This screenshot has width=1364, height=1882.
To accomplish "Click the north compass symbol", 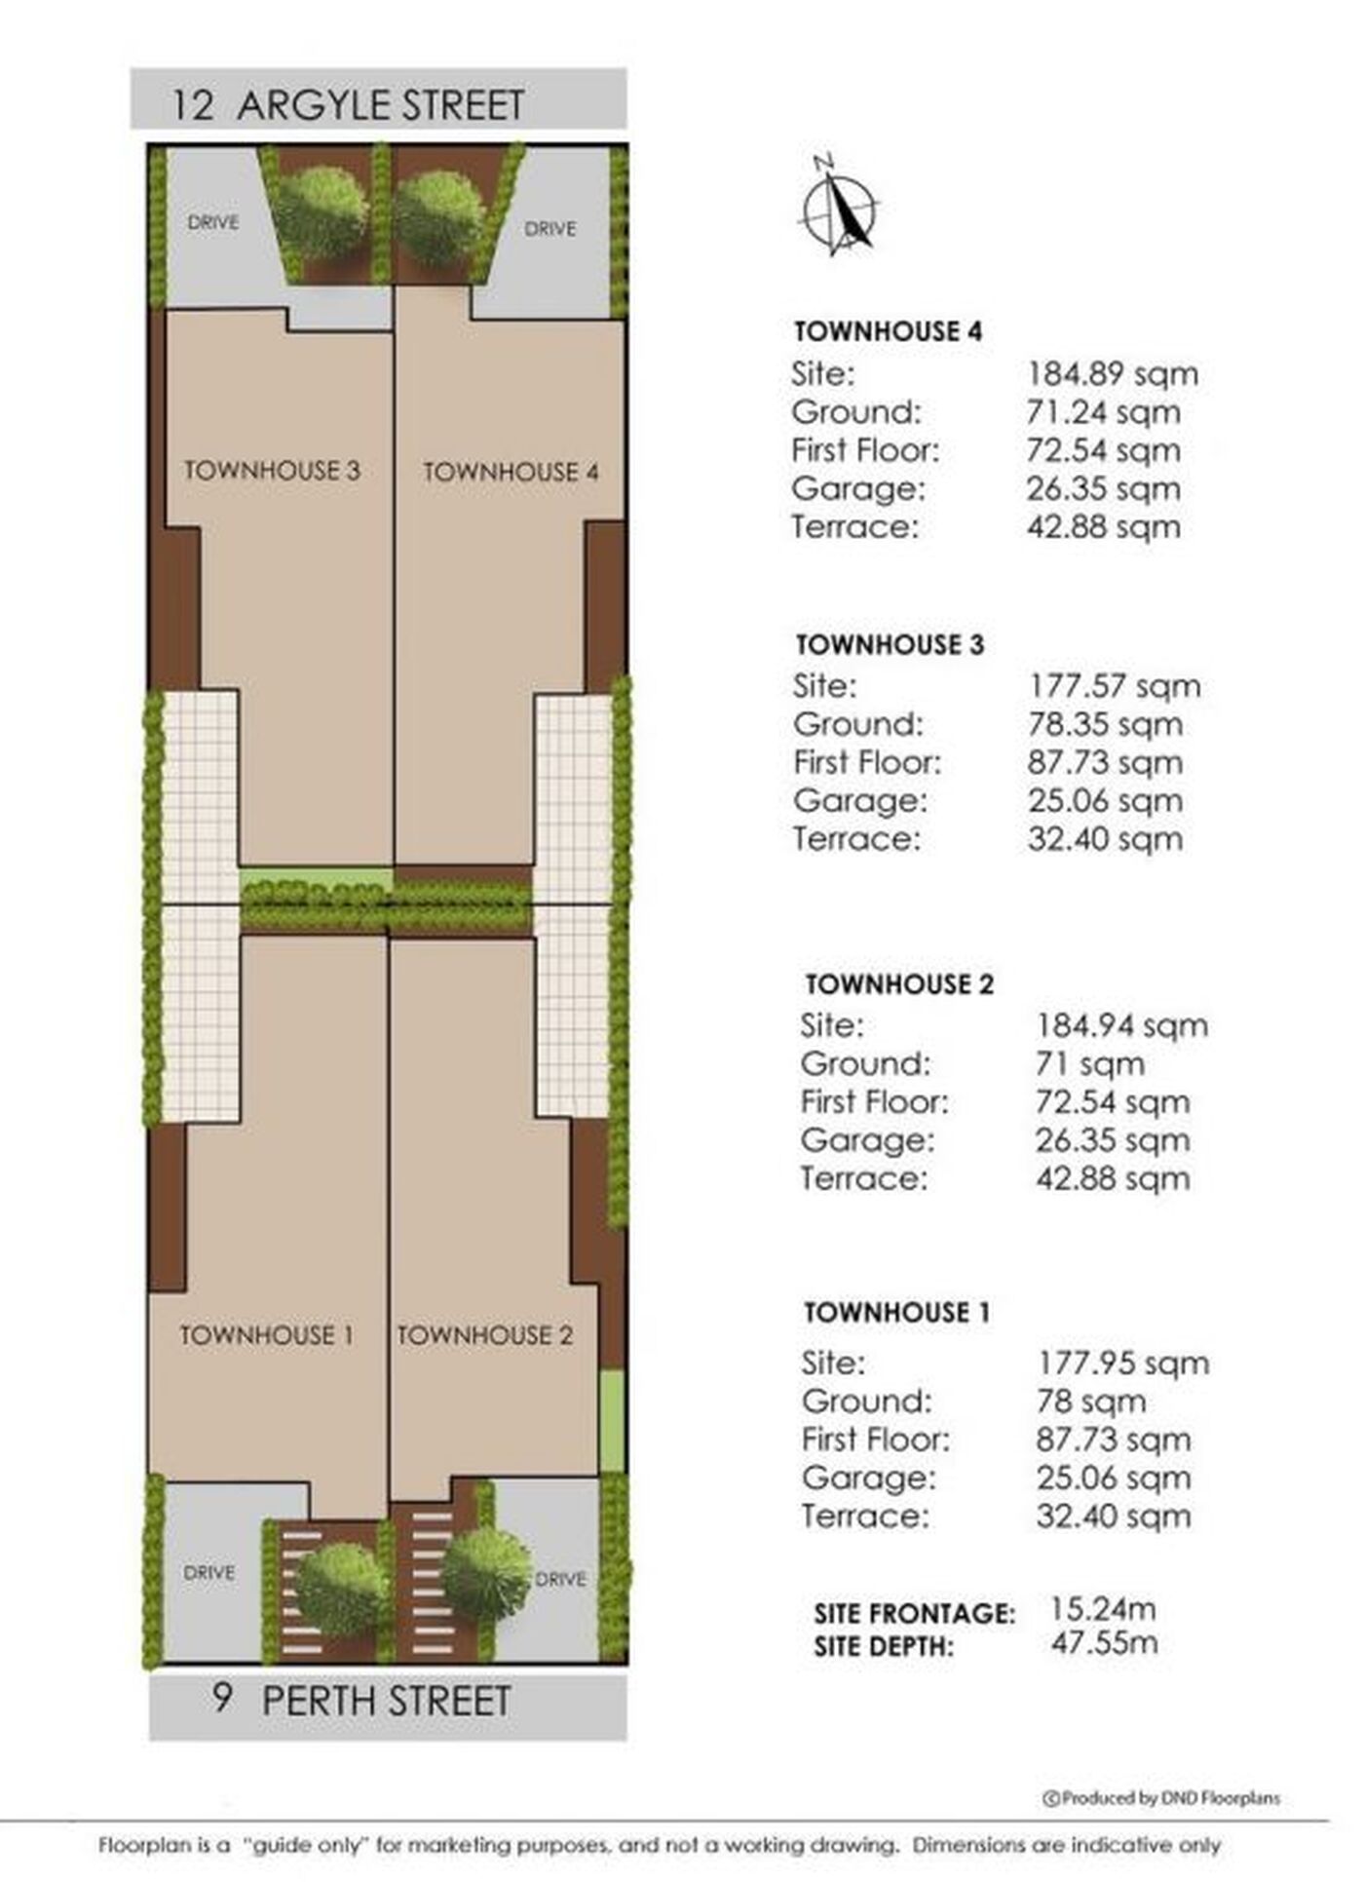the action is click(838, 207).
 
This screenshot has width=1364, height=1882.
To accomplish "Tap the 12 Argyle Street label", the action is click(348, 105).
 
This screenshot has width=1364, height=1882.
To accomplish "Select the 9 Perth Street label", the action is click(361, 1702).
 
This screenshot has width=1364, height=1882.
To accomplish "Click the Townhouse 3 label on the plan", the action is click(272, 471).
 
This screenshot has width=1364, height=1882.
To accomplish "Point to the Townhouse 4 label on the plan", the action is click(511, 473).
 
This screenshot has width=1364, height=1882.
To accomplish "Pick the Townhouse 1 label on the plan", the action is click(266, 1335).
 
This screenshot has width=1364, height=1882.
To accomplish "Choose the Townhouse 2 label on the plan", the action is click(484, 1335).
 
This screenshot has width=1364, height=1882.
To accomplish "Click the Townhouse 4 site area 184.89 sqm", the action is click(1112, 374).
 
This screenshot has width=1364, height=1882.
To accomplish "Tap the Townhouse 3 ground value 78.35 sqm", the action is click(1105, 725).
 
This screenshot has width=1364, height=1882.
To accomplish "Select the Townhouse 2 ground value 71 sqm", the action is click(1089, 1064).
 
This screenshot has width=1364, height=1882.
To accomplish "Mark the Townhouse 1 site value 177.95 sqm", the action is click(1122, 1363).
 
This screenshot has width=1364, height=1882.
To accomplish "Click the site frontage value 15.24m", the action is click(1103, 1610).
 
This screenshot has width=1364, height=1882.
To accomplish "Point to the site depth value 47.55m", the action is click(1104, 1643).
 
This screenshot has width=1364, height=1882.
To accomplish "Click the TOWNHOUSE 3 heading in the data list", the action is click(890, 645).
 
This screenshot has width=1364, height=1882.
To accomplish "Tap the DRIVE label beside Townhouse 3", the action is click(213, 222).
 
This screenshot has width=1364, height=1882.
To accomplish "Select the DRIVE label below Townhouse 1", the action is click(209, 1573).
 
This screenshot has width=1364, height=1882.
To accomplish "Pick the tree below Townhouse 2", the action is click(486, 1575).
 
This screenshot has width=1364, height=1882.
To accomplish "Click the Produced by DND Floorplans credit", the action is click(1161, 1799).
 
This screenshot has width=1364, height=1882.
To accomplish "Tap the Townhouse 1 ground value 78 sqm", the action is click(1091, 1402).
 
